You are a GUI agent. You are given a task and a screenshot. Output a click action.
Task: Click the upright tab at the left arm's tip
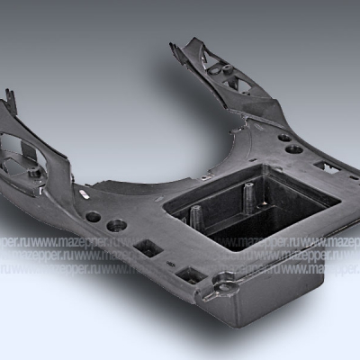pos(10,98)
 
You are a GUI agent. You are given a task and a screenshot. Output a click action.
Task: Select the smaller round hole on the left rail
pos(93,216)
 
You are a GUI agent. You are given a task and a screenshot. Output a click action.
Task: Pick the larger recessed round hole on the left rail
pos(116,224)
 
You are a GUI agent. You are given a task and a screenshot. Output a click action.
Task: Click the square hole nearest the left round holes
pos(145,246)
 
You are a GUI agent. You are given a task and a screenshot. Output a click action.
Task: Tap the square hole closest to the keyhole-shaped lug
pos(190,274)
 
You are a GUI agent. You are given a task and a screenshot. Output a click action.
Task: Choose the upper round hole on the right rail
pos(283,138)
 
